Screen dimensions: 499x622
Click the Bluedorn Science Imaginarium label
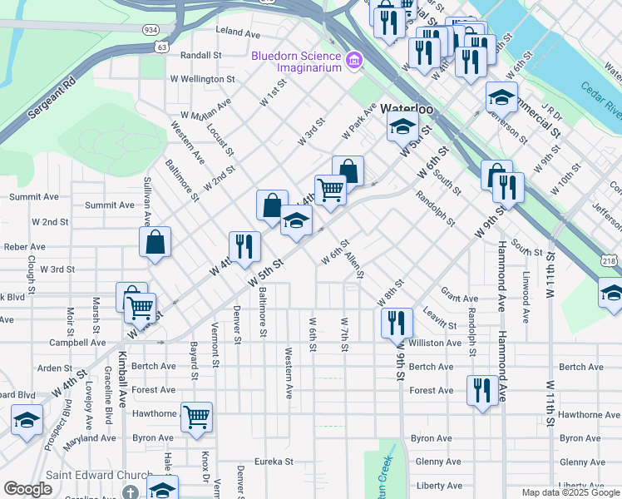coord(297,62)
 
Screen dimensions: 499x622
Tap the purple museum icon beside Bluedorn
coord(355,60)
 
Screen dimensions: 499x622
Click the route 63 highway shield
coord(161,47)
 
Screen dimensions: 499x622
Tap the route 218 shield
coord(610,261)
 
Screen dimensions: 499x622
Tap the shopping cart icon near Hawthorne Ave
coord(196,416)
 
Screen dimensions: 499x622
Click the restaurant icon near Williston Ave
coord(397,322)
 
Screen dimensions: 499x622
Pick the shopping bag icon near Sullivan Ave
coord(155,243)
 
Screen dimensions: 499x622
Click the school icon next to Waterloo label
coord(402,128)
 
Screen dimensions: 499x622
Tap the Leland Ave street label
coord(238,32)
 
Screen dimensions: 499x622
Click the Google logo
coord(27,490)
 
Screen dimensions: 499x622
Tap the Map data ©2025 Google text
coord(570,492)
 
